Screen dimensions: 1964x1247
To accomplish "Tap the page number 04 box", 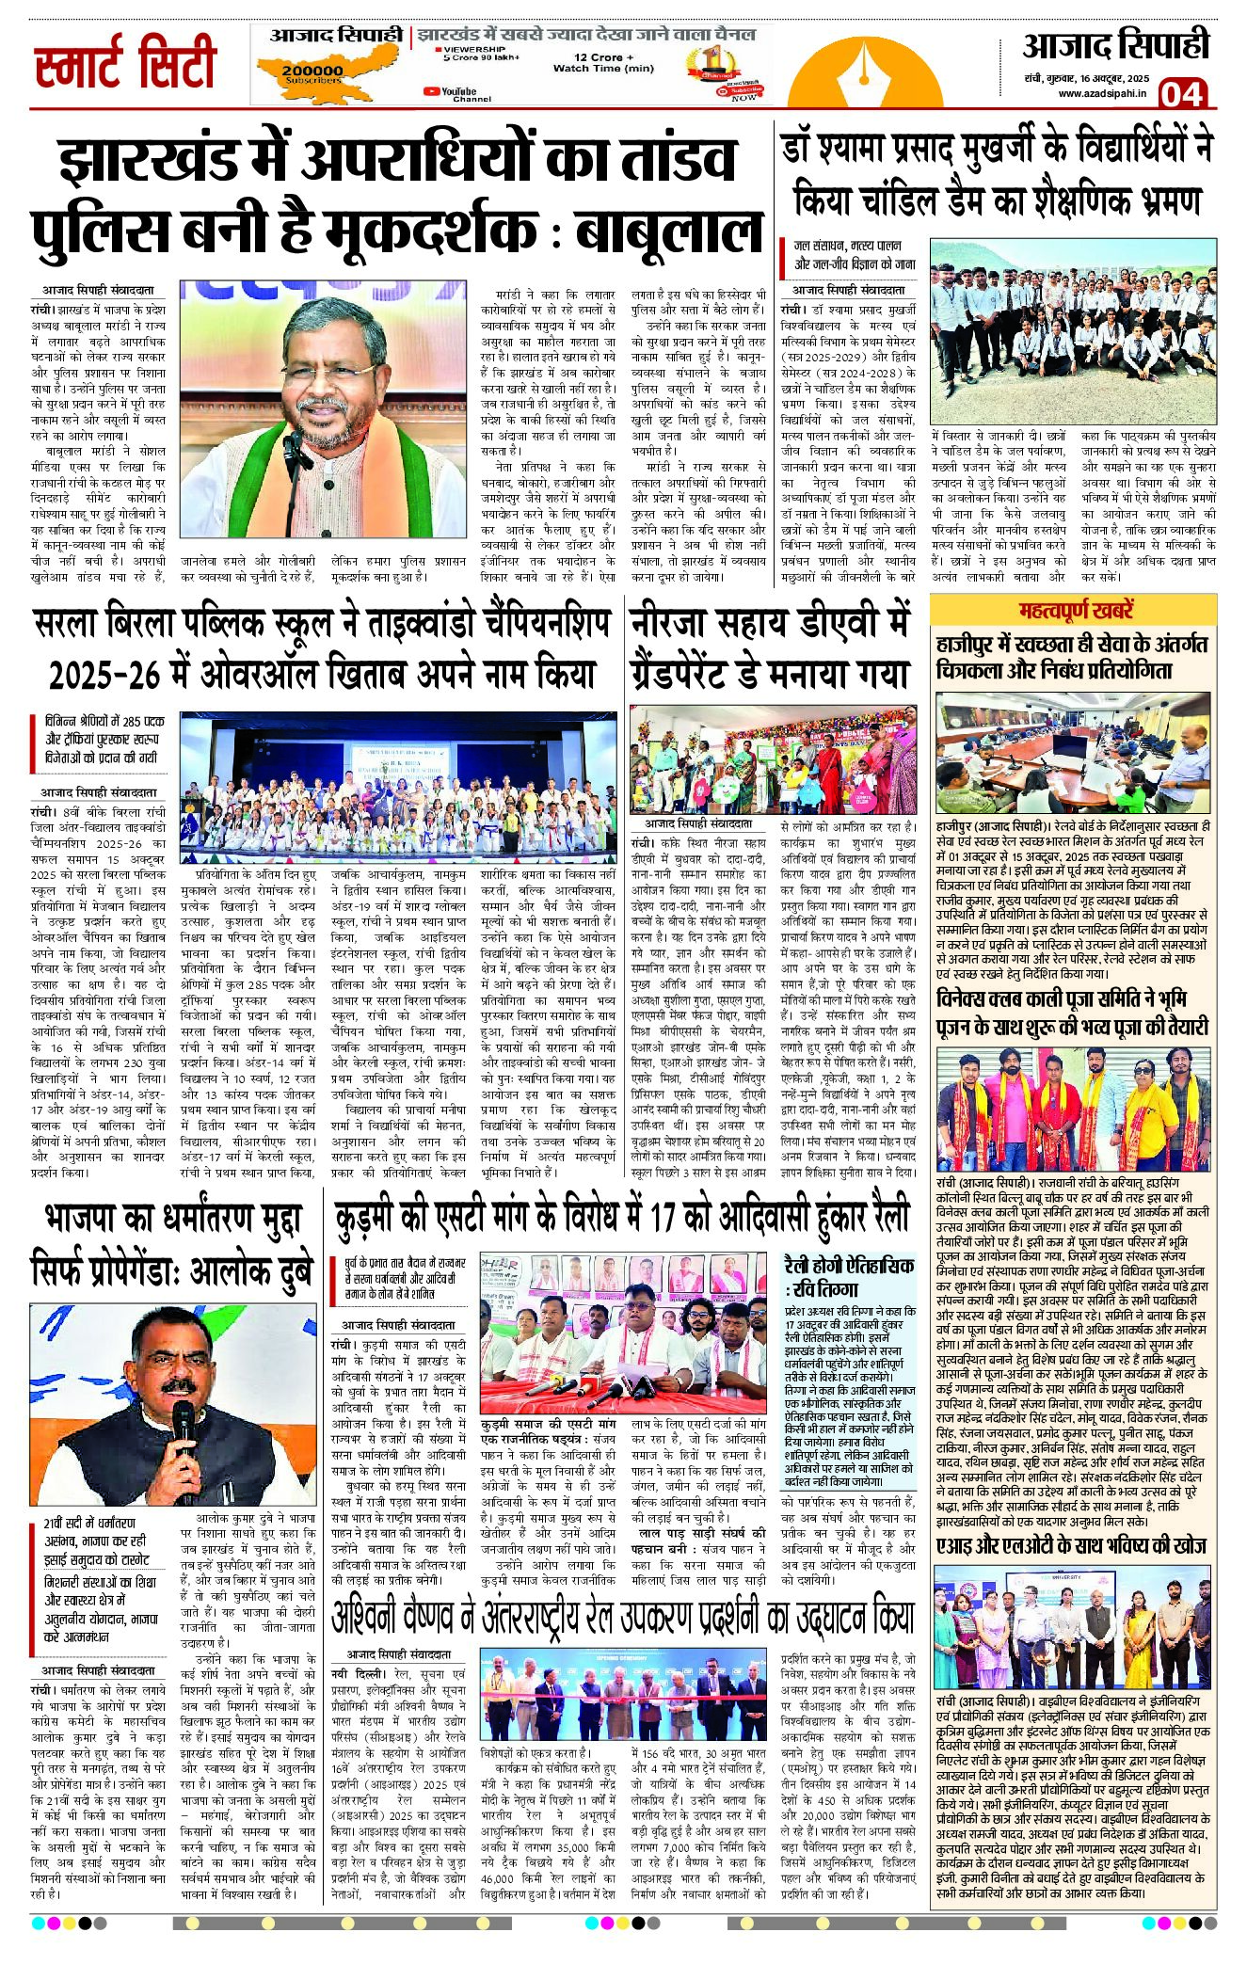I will point(1181,94).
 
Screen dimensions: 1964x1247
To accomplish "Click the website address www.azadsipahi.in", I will point(1100,93).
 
